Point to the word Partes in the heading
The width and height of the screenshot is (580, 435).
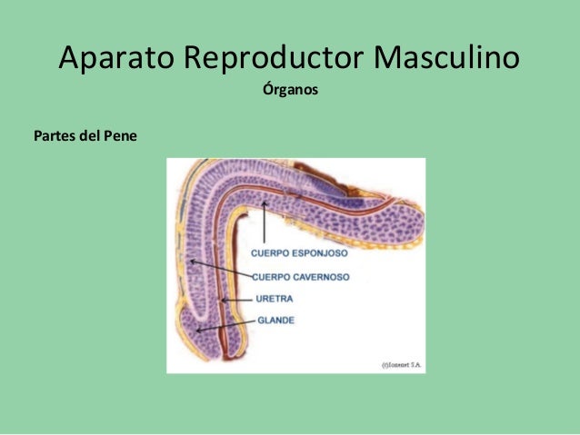pos(55,137)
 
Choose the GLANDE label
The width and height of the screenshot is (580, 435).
pos(275,320)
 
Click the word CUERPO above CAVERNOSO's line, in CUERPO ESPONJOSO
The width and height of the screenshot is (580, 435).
pos(271,254)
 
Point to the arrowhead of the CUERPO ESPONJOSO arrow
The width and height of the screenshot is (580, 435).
pos(264,205)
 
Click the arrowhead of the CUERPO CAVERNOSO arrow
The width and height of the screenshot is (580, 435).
pos(192,262)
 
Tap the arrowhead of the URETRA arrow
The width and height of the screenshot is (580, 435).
pos(220,300)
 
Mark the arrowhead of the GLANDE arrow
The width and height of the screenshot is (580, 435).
pos(196,330)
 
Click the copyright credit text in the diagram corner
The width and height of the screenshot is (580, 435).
pos(400,364)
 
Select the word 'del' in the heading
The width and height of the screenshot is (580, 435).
pos(91,137)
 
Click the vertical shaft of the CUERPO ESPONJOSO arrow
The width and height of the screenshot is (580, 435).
pos(264,227)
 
